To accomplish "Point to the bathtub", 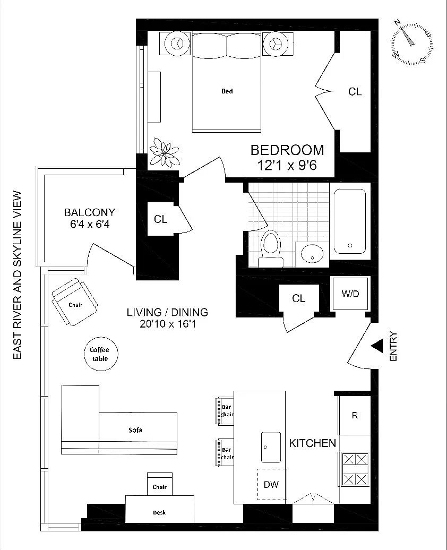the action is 349,221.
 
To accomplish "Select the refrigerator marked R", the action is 355,415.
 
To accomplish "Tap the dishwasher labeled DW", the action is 271,484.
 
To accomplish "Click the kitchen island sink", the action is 271,446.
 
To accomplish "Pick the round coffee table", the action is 101,354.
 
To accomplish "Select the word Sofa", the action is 135,430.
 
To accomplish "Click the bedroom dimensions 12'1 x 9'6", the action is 287,165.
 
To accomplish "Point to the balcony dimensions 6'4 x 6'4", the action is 89,225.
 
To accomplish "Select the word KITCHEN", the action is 312,443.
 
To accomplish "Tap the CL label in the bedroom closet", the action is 355,92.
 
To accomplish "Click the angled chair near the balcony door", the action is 74,302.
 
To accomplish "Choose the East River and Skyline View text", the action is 17,275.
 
